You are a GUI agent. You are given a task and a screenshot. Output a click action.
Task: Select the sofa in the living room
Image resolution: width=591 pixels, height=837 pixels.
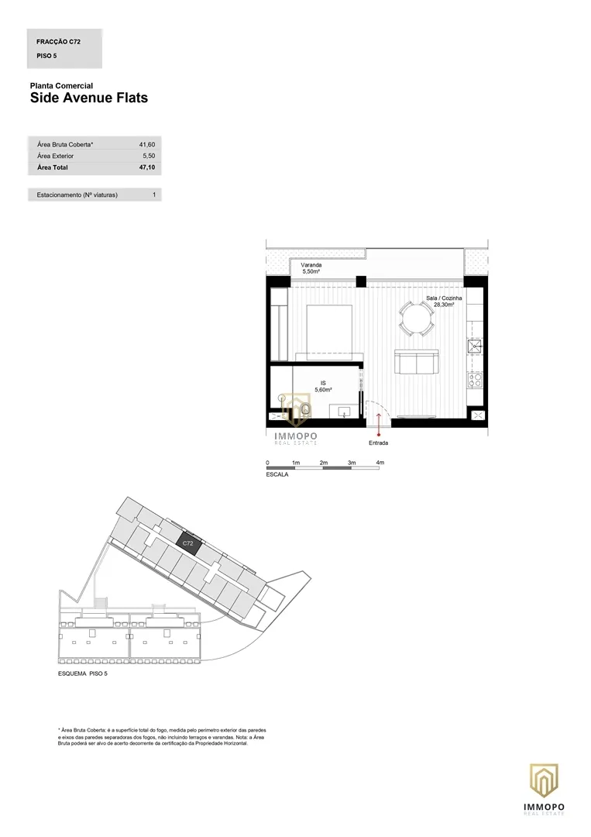(416, 363)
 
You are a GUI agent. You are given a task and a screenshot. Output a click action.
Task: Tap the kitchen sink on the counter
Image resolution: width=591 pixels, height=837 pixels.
(475, 347)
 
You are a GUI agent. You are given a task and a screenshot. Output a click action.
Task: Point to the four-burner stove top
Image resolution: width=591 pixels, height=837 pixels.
(475, 380)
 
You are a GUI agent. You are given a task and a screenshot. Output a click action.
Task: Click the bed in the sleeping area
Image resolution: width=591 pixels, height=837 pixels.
(329, 333)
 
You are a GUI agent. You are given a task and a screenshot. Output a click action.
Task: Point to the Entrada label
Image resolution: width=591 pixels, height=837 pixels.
(378, 443)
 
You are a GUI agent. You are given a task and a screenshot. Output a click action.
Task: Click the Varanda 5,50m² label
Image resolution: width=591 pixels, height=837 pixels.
(311, 268)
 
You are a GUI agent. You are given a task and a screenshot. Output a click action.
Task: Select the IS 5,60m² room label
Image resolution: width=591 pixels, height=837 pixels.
(323, 387)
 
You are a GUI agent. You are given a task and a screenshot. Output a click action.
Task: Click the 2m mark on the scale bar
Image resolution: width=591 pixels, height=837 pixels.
(323, 462)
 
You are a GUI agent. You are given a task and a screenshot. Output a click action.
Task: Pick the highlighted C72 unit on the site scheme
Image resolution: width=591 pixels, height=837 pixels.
(188, 542)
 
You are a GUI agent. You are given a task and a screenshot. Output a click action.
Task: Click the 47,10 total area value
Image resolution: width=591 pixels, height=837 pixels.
(147, 167)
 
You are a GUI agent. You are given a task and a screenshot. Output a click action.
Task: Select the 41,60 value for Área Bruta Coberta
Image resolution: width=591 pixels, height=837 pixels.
(147, 145)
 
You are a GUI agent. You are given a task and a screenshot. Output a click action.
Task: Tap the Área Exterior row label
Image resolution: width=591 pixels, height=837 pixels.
(56, 156)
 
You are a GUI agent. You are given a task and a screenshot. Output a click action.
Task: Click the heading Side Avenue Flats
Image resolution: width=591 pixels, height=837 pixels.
(89, 98)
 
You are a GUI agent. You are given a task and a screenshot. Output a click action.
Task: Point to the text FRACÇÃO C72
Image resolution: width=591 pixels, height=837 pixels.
(59, 42)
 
